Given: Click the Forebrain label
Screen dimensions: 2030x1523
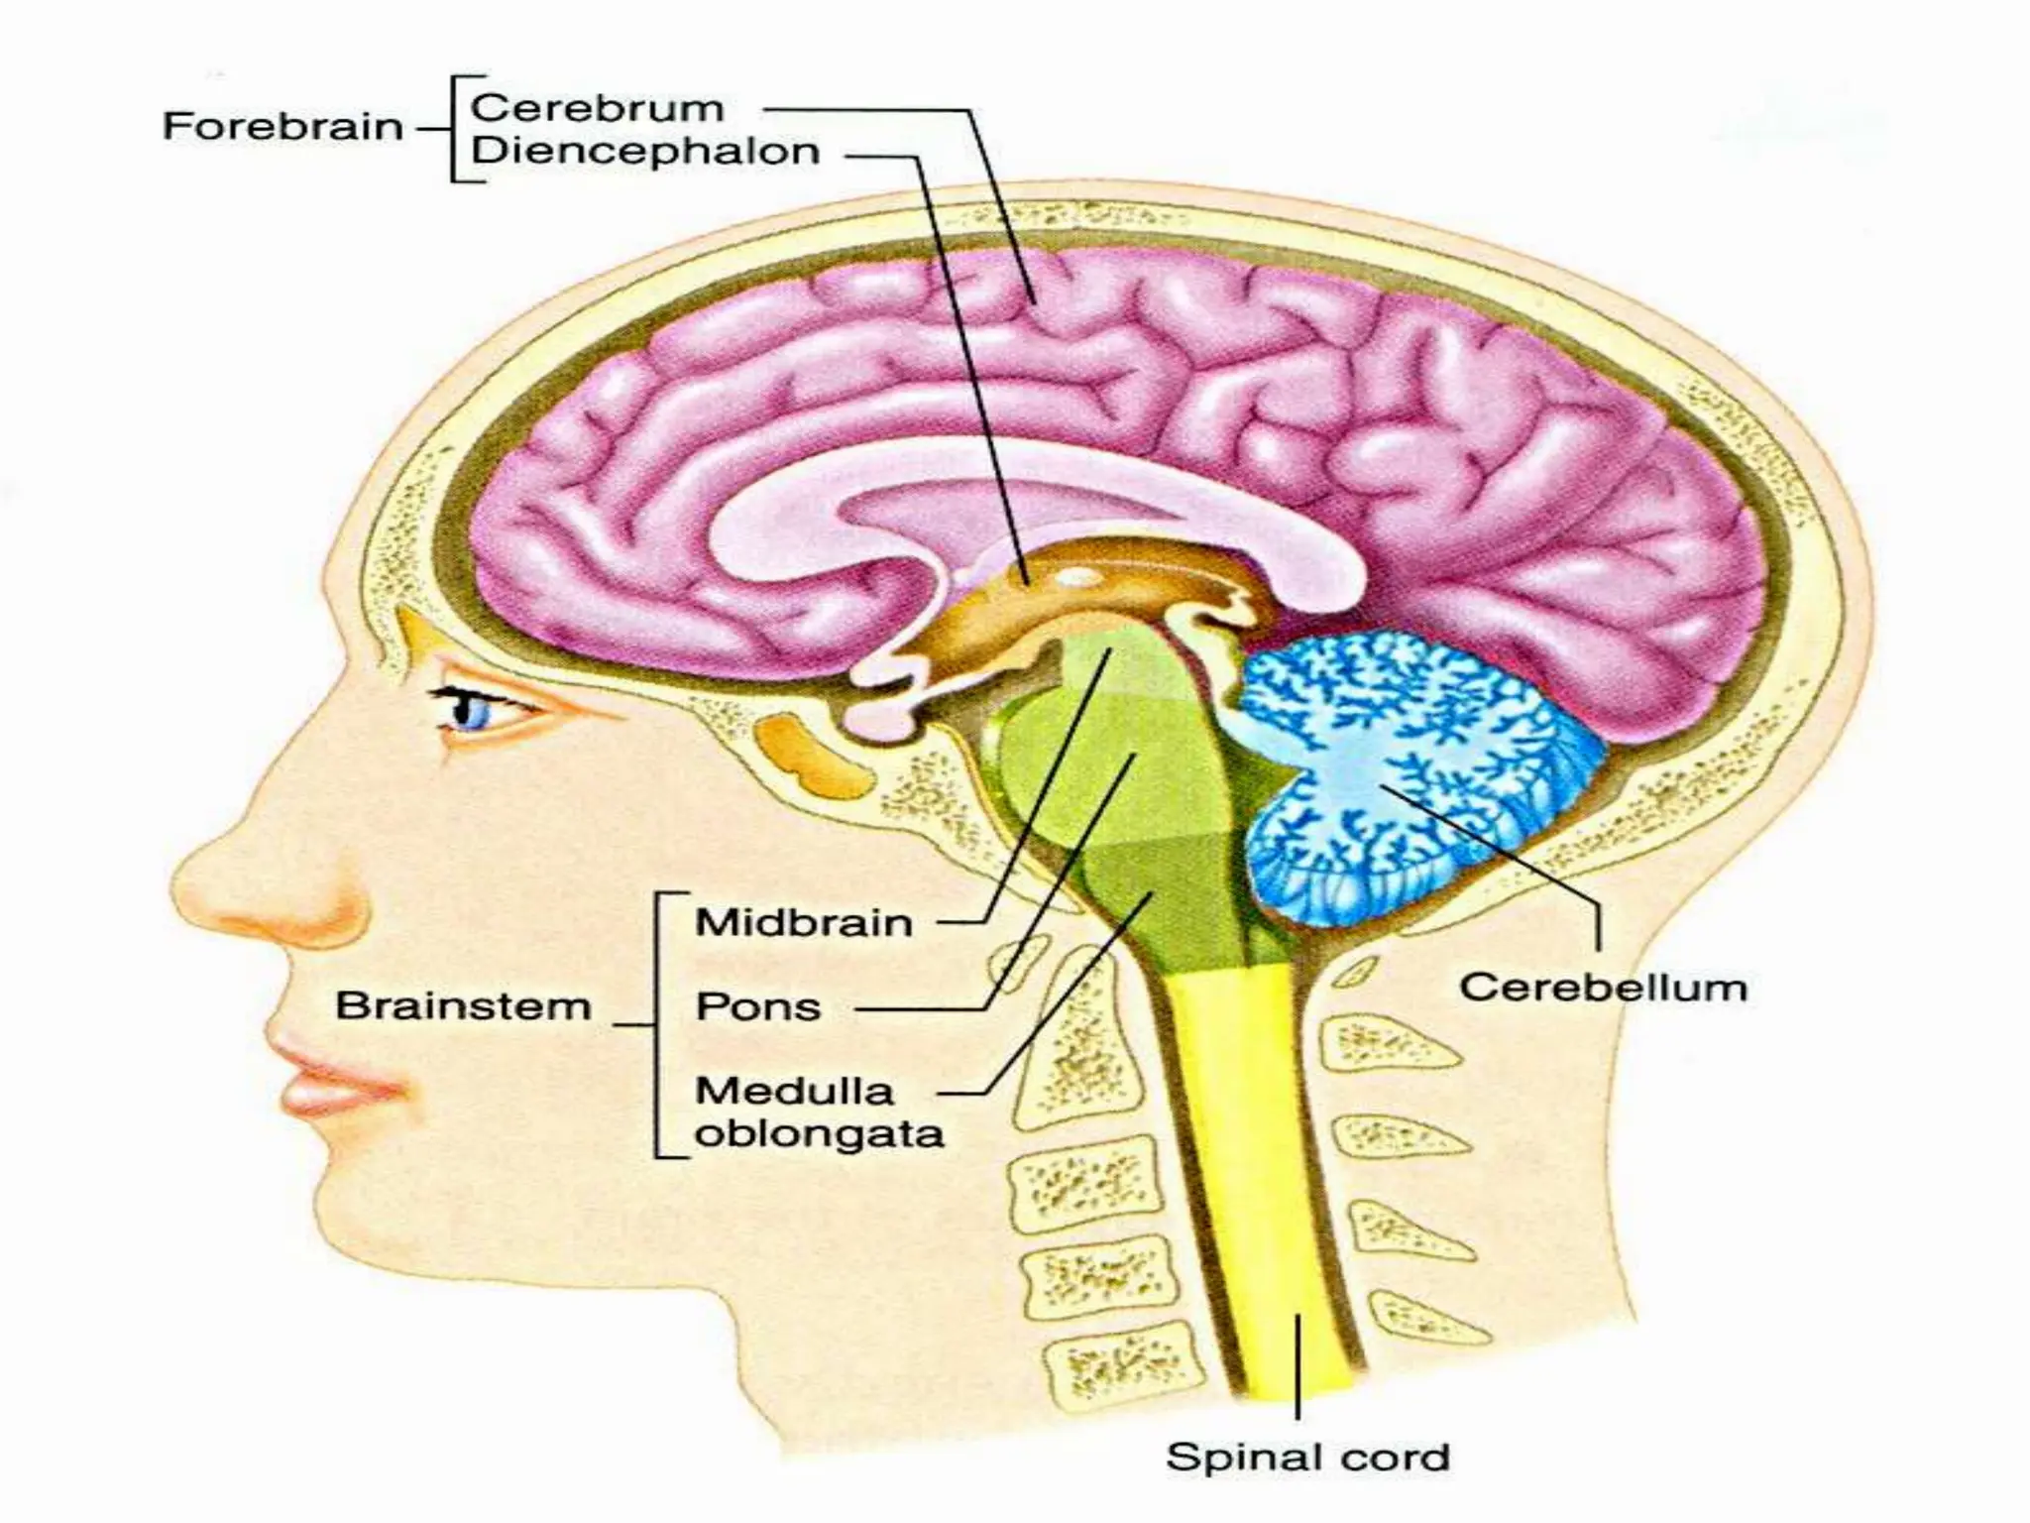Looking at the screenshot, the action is (x=282, y=127).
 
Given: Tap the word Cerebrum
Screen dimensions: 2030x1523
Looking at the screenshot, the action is (x=597, y=108).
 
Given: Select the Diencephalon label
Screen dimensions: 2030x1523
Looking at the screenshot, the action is (x=645, y=152).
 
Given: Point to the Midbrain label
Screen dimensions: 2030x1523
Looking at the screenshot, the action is (x=804, y=923).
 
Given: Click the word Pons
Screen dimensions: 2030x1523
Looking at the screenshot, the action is (x=758, y=1007).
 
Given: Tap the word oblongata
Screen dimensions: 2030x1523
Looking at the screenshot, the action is (x=819, y=1134).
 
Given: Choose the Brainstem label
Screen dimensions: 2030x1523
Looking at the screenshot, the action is (x=463, y=1006).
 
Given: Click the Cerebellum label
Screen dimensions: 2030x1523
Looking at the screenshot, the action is (x=1603, y=988).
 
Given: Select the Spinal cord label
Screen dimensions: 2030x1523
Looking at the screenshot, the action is (x=1307, y=1458).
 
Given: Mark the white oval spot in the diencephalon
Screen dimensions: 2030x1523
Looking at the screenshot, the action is (x=1080, y=577).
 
